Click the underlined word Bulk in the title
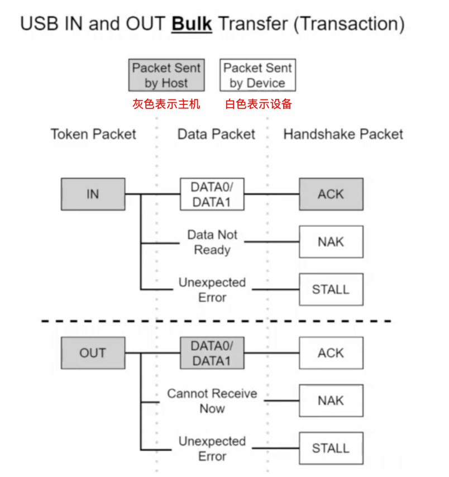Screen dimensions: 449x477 point(192,24)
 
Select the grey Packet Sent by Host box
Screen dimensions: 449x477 point(166,75)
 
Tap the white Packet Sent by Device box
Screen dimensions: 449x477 point(257,75)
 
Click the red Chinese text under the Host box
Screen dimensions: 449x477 point(166,104)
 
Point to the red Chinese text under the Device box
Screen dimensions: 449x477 point(259,104)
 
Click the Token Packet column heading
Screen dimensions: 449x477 point(93,134)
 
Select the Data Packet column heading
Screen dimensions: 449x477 point(216,134)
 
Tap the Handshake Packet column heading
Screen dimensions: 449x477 point(343,134)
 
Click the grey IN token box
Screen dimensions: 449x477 point(93,194)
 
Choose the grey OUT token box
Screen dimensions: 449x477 point(93,353)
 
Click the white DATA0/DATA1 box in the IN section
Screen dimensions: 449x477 point(212,194)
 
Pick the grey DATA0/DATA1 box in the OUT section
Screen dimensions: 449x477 point(212,353)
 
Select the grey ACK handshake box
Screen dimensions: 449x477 point(331,194)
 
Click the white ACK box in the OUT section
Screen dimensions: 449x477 point(331,353)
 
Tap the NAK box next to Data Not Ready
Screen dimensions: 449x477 point(331,242)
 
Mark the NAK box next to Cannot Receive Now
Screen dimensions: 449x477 point(331,400)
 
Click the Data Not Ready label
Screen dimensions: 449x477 point(212,242)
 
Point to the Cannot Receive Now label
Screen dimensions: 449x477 point(212,401)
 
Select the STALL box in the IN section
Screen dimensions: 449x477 point(331,289)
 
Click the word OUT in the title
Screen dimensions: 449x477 point(145,23)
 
